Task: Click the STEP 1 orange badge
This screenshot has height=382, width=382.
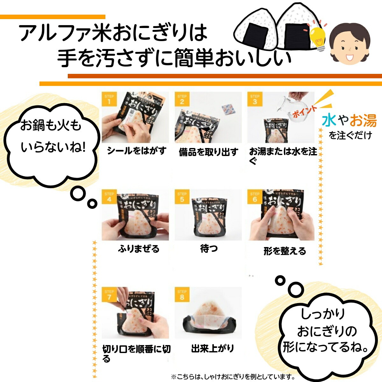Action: (x=109, y=99)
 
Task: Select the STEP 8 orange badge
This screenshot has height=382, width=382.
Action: (x=182, y=294)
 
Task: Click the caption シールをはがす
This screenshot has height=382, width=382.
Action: (x=137, y=151)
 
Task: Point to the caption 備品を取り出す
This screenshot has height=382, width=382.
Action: (x=209, y=152)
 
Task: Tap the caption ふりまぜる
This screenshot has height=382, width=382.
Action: (x=138, y=249)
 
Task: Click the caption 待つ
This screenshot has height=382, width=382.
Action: (x=209, y=248)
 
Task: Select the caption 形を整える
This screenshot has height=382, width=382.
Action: (x=285, y=251)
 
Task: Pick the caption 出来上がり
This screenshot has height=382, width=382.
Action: (x=212, y=348)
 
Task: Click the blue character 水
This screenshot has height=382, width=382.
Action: (x=329, y=120)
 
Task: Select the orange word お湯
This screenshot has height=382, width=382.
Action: (x=363, y=120)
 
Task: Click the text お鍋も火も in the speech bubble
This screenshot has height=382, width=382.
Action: (x=51, y=125)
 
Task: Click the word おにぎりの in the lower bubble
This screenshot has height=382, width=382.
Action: (x=327, y=331)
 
